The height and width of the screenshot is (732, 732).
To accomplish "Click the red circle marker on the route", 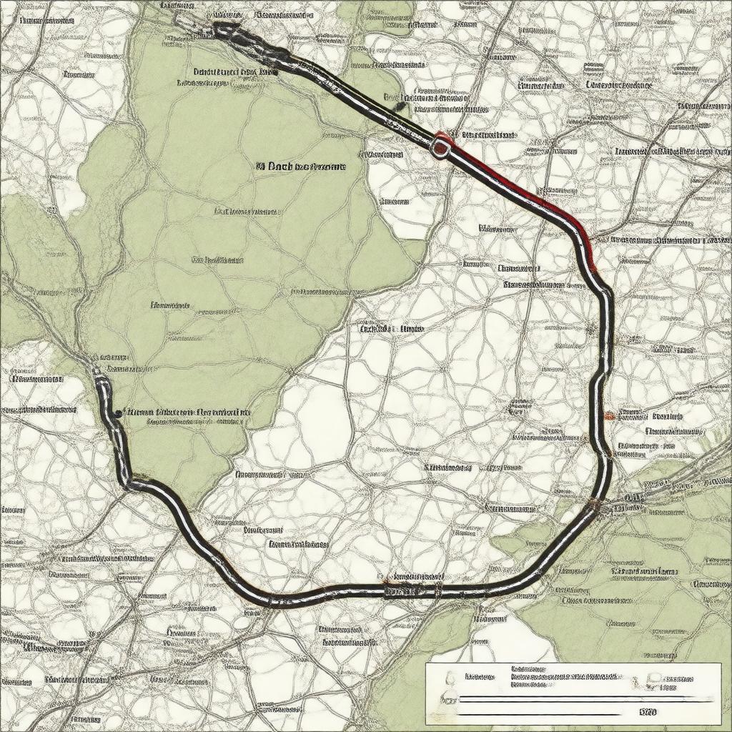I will [441, 147].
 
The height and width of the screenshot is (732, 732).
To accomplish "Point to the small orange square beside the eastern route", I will [608, 415].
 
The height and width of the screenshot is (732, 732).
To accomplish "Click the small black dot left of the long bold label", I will [115, 412].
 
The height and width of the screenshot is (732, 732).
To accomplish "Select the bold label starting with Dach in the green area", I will [300, 167].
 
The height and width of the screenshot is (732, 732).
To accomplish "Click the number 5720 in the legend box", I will [648, 712].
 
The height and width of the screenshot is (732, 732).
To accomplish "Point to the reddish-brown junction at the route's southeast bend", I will [594, 506].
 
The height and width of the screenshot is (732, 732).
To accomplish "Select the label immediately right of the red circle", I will [488, 134].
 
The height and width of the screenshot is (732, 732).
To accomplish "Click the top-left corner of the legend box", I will [426, 664].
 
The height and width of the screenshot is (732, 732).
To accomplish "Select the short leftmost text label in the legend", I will [480, 676].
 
